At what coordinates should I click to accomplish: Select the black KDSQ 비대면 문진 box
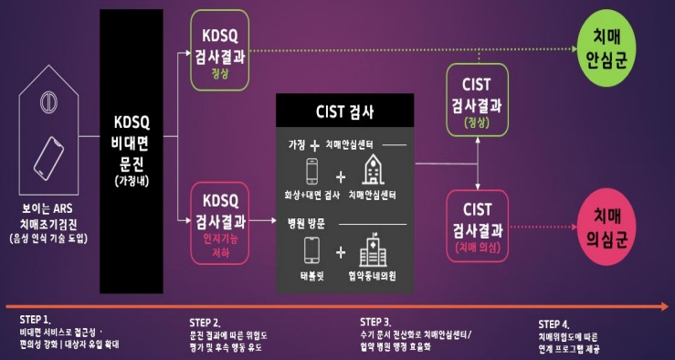(131, 152)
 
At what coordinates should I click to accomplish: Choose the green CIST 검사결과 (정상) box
(477, 98)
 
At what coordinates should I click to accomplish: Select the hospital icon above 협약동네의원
(374, 250)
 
